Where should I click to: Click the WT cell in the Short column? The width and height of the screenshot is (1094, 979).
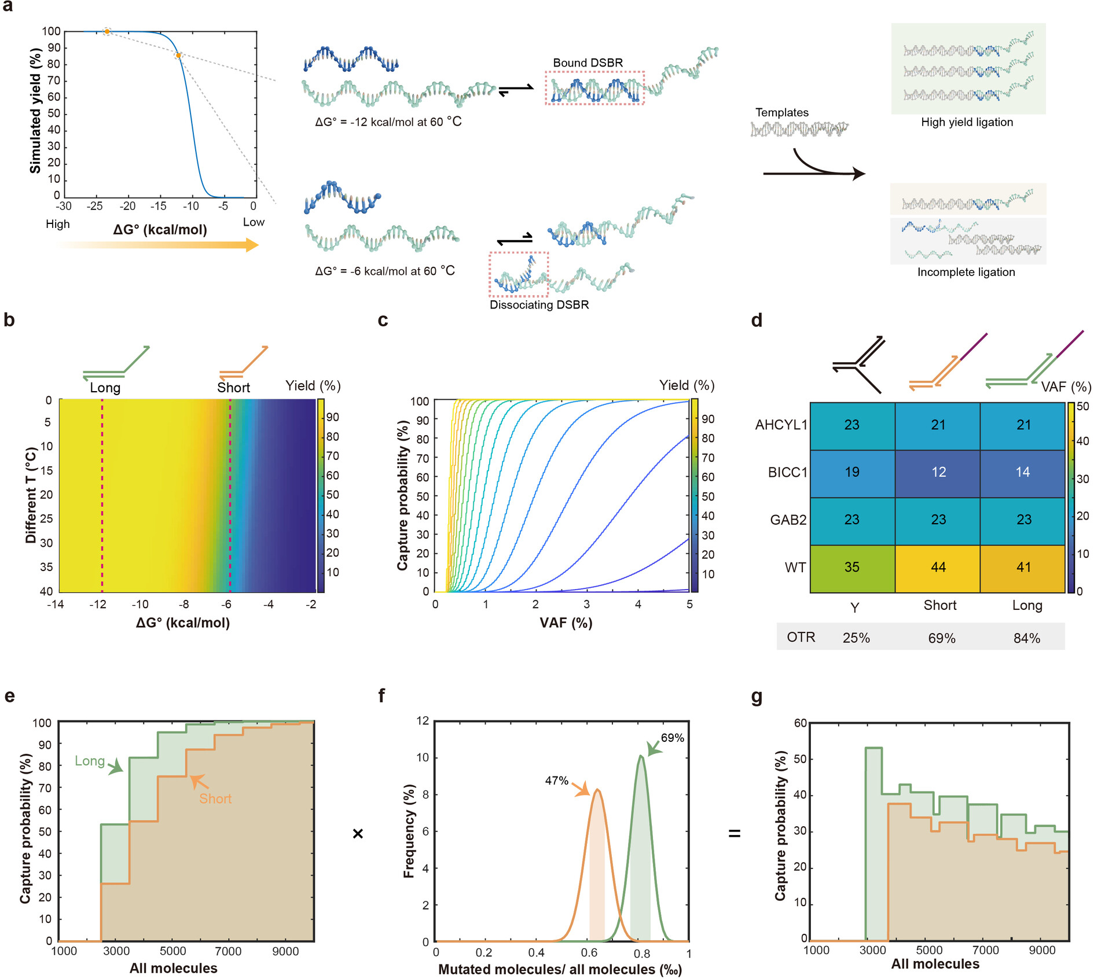coord(938,568)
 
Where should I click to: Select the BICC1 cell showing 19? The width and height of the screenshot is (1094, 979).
coord(851,472)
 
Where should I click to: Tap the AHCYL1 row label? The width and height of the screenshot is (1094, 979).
coord(781,425)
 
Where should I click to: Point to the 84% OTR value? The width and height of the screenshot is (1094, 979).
coord(1026,638)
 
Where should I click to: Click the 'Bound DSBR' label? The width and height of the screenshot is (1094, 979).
coord(588,62)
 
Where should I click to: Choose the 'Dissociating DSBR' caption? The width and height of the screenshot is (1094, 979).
coord(539,305)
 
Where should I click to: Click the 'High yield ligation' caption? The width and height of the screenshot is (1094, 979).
coord(967,122)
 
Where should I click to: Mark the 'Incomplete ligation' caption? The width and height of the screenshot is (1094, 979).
coord(965,272)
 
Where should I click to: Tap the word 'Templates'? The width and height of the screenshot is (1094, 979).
coord(781,112)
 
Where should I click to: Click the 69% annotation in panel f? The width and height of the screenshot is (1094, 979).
coord(672,738)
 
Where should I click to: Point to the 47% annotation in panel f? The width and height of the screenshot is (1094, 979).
coord(556,781)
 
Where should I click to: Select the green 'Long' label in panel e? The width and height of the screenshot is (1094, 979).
coord(90,761)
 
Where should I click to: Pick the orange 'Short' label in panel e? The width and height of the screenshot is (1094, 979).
coord(215,798)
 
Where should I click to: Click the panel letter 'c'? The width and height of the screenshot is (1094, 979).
coord(383,320)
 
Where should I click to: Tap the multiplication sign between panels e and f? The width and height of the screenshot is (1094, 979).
coord(358,833)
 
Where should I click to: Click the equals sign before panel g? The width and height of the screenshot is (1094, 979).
coord(735,833)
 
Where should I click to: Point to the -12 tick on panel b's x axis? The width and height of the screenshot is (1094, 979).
coord(98,605)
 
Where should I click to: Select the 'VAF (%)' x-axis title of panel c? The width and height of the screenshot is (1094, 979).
coord(566,623)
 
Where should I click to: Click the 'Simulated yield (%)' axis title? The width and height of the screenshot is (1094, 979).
coord(36,111)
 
